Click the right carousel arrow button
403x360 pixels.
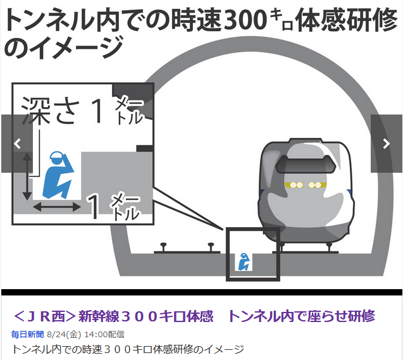point(386,144)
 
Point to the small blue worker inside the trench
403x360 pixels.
point(243,261)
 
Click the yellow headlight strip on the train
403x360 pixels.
point(304,185)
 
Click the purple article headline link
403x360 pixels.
point(194,316)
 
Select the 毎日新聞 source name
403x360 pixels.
point(28,334)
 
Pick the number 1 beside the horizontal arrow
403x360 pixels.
point(93,207)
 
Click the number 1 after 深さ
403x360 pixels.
point(96,111)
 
